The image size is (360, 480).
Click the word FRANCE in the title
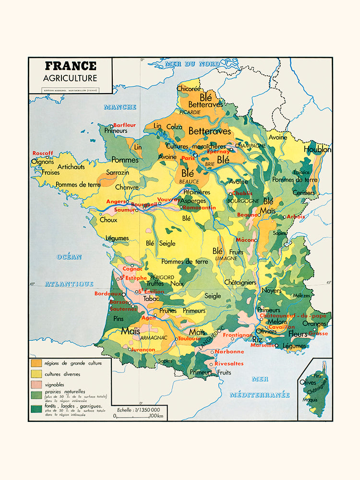(70, 66)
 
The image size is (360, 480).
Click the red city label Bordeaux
(108, 293)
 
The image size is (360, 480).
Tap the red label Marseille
(262, 345)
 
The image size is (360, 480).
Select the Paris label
(187, 158)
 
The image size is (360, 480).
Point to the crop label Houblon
(317, 150)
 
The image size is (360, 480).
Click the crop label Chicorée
(188, 89)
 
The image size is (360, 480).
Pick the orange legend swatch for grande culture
(36, 363)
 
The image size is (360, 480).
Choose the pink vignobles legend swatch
(36, 384)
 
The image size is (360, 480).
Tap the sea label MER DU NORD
(192, 64)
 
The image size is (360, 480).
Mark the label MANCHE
(120, 107)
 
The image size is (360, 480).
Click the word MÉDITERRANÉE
(259, 395)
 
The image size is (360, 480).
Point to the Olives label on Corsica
(308, 383)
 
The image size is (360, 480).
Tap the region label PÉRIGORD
(162, 277)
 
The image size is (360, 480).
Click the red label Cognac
(132, 269)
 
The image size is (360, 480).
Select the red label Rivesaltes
(229, 363)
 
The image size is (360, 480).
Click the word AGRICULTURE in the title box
(70, 78)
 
